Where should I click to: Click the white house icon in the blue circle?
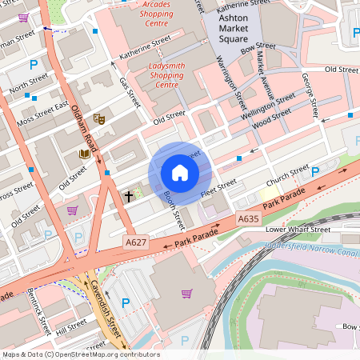[x=180, y=173]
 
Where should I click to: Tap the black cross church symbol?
[x=127, y=195]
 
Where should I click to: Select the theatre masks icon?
[x=100, y=118]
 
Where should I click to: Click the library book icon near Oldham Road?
[x=84, y=154]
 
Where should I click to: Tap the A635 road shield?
[x=248, y=217]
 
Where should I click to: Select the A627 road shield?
[x=135, y=239]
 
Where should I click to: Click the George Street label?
[x=309, y=92]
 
